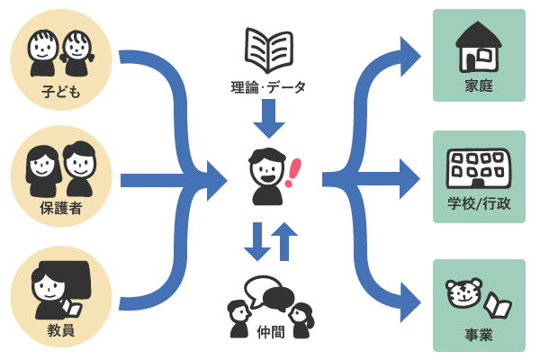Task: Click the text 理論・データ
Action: click(268, 87)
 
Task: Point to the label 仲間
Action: click(270, 331)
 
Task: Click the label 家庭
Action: click(479, 87)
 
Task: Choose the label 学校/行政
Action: click(479, 204)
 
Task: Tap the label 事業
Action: click(479, 336)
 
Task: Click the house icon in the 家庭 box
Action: click(479, 47)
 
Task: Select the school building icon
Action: click(479, 168)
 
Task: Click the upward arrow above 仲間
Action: click(284, 240)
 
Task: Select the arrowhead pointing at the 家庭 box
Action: click(409, 57)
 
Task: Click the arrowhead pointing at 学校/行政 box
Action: click(409, 179)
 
